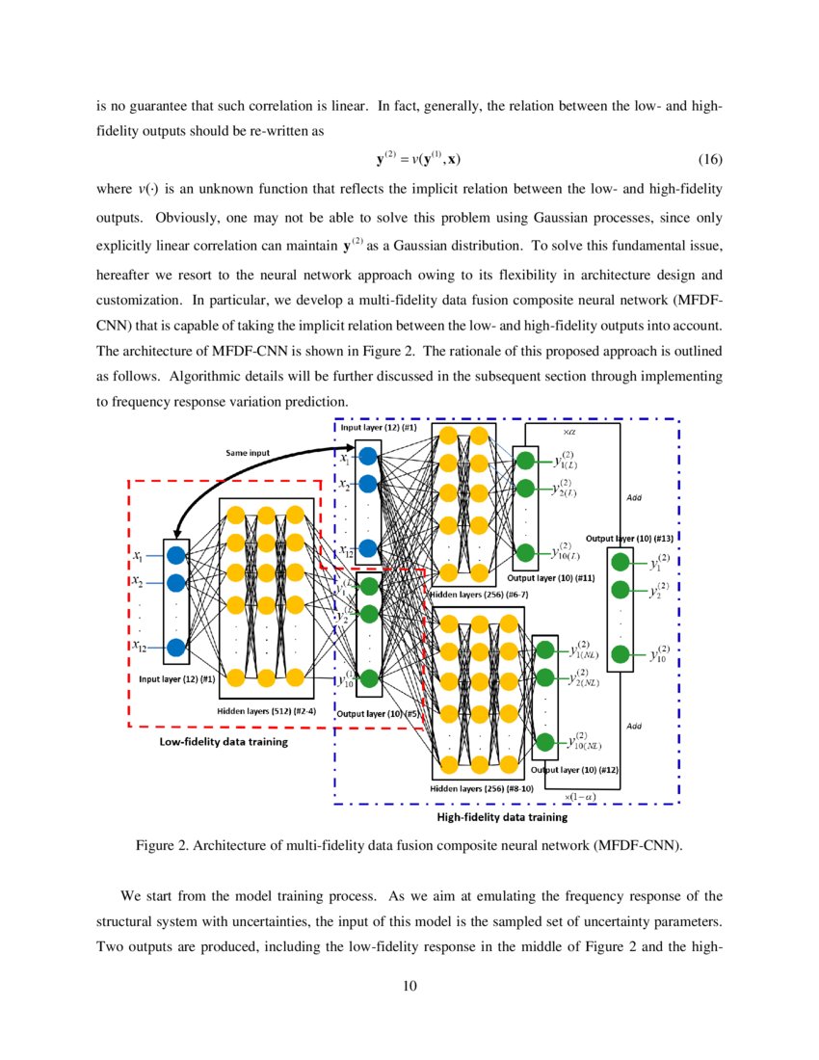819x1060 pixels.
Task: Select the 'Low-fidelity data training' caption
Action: tap(223, 742)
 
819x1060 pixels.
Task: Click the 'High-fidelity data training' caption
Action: tap(502, 817)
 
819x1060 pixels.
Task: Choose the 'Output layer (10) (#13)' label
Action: tap(629, 537)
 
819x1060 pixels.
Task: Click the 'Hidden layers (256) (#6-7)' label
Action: tap(478, 595)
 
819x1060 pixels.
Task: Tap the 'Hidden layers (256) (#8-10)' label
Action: tap(480, 787)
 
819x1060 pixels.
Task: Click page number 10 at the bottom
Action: tap(409, 985)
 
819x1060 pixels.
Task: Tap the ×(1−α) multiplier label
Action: tap(579, 797)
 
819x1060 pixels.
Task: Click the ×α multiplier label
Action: tap(570, 433)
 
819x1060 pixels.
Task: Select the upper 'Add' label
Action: tap(634, 497)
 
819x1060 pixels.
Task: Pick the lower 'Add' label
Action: tap(634, 726)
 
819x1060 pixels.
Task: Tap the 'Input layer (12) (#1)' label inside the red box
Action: tap(171, 678)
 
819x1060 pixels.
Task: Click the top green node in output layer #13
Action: tap(621, 563)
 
